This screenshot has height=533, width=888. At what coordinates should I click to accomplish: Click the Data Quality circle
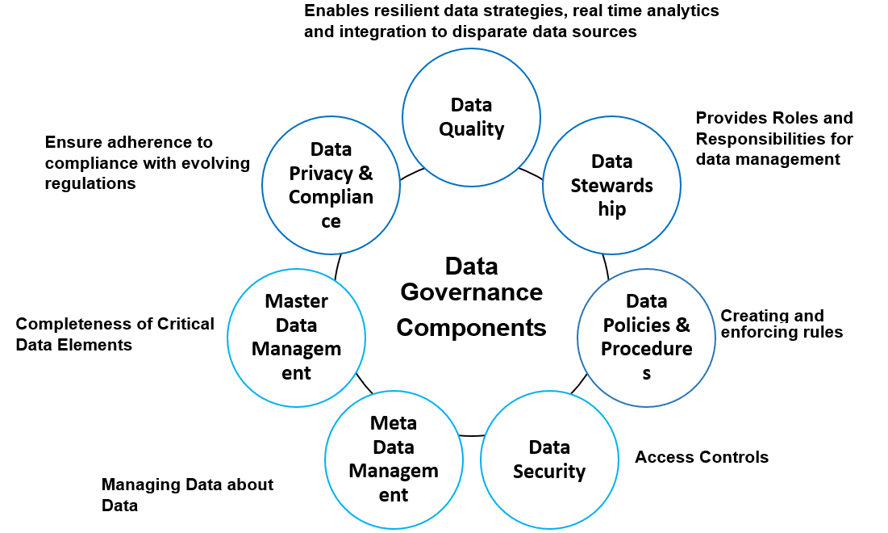471,117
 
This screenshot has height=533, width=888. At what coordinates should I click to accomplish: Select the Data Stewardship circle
611,186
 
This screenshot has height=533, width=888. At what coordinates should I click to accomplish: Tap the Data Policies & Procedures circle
646,337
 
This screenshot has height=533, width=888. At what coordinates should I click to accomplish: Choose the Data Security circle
548,459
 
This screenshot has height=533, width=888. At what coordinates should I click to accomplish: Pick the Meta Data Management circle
394,459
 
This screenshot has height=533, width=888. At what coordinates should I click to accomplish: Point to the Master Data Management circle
296,337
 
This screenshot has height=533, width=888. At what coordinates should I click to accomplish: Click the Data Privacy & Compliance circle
331,186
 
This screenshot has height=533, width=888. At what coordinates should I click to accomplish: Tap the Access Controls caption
701,457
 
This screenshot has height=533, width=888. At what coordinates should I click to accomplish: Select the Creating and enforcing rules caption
781,324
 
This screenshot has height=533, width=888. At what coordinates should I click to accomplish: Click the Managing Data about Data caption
187,495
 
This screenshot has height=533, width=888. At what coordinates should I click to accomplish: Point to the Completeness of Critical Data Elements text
115,334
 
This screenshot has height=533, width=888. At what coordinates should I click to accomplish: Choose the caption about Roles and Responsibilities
773,138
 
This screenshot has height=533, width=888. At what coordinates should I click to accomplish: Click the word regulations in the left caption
90,183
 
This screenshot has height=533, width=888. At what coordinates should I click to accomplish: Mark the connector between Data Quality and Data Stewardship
530,172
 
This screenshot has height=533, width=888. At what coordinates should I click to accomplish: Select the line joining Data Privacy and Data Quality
412,172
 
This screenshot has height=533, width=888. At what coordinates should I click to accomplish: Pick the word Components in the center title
471,328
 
